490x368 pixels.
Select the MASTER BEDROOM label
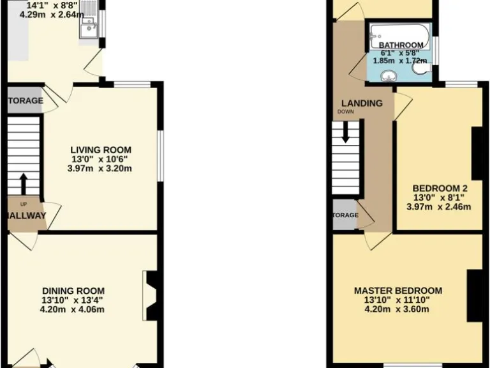tap(397, 291)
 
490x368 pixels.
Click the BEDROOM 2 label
tap(440, 188)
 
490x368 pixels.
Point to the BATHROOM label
tap(401, 45)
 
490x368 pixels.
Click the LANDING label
tap(362, 103)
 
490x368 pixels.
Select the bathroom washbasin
tap(388, 76)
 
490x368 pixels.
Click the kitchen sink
tap(88, 27)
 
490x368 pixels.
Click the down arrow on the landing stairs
tap(346, 132)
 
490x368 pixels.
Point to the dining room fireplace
tap(151, 295)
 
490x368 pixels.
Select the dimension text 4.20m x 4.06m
tap(73, 310)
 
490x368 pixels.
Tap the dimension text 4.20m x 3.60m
tap(397, 310)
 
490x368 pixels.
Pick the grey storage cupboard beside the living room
tap(24, 100)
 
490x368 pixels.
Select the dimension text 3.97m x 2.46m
tap(440, 207)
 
